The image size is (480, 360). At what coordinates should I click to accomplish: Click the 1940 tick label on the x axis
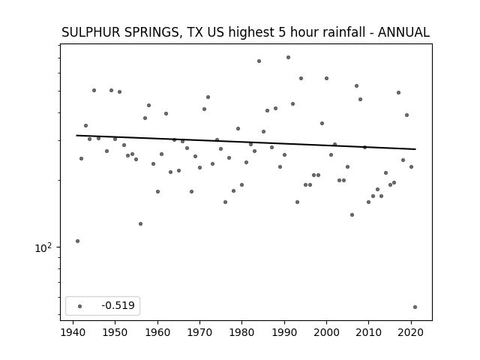73,332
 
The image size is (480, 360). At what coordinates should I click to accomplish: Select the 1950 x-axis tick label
115,332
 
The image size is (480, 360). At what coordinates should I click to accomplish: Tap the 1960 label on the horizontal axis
157,332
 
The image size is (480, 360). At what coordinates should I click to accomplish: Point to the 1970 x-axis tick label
199,332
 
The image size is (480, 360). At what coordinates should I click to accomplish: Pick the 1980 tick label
241,332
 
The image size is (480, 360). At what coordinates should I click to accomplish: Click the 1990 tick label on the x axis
284,332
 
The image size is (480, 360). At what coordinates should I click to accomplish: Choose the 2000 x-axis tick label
327,332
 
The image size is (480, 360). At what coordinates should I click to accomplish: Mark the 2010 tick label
369,332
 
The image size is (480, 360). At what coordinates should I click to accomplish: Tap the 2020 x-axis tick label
411,332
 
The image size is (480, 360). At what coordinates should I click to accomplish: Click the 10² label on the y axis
43,247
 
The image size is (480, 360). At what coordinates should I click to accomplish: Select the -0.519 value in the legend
118,305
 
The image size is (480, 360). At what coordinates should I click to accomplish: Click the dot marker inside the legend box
80,306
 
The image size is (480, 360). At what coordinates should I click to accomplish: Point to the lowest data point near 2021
415,307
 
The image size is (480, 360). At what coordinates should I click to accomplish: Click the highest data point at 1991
288,57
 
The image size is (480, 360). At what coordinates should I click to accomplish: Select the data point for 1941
77,241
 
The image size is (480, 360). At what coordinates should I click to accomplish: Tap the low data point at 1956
140,223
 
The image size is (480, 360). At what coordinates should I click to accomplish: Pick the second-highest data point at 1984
259,61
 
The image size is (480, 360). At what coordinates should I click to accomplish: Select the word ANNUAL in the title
403,32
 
